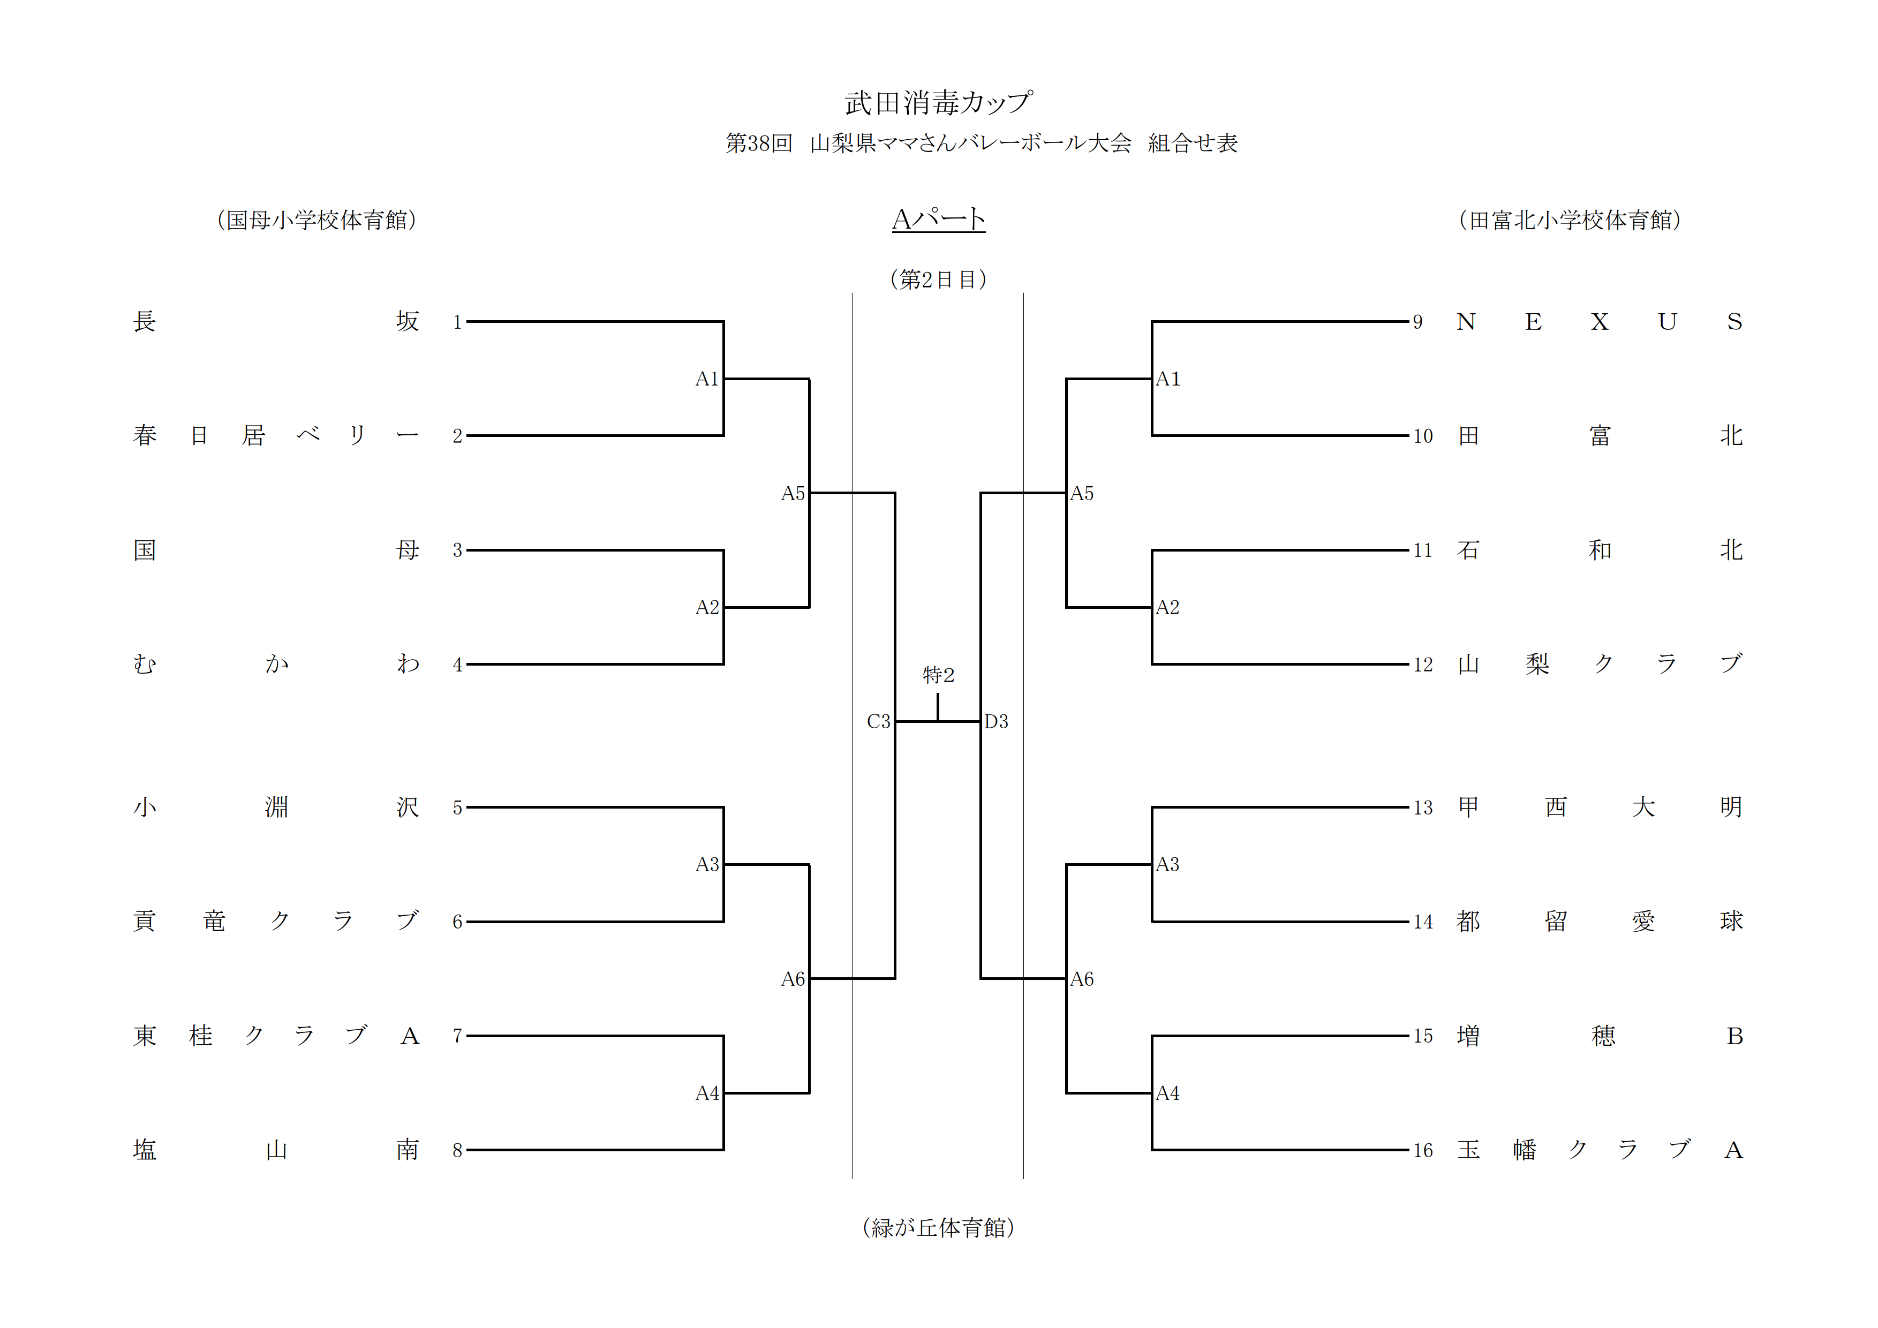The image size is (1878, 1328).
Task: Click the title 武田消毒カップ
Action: tap(938, 103)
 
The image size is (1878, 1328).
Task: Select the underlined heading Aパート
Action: tap(938, 219)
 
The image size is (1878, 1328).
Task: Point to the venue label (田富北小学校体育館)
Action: tap(1570, 220)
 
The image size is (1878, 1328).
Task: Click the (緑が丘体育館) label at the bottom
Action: tap(938, 1227)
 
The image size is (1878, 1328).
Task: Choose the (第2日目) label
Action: tap(938, 280)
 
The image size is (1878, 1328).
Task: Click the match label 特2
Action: tap(938, 675)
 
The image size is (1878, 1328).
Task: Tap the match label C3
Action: tap(878, 721)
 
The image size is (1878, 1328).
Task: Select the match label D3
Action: tap(996, 721)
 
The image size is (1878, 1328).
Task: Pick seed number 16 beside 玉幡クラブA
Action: tap(1423, 1151)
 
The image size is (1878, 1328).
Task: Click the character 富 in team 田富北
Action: tap(1600, 436)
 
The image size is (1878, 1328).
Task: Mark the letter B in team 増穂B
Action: tap(1734, 1037)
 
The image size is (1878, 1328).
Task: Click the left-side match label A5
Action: tap(793, 493)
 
